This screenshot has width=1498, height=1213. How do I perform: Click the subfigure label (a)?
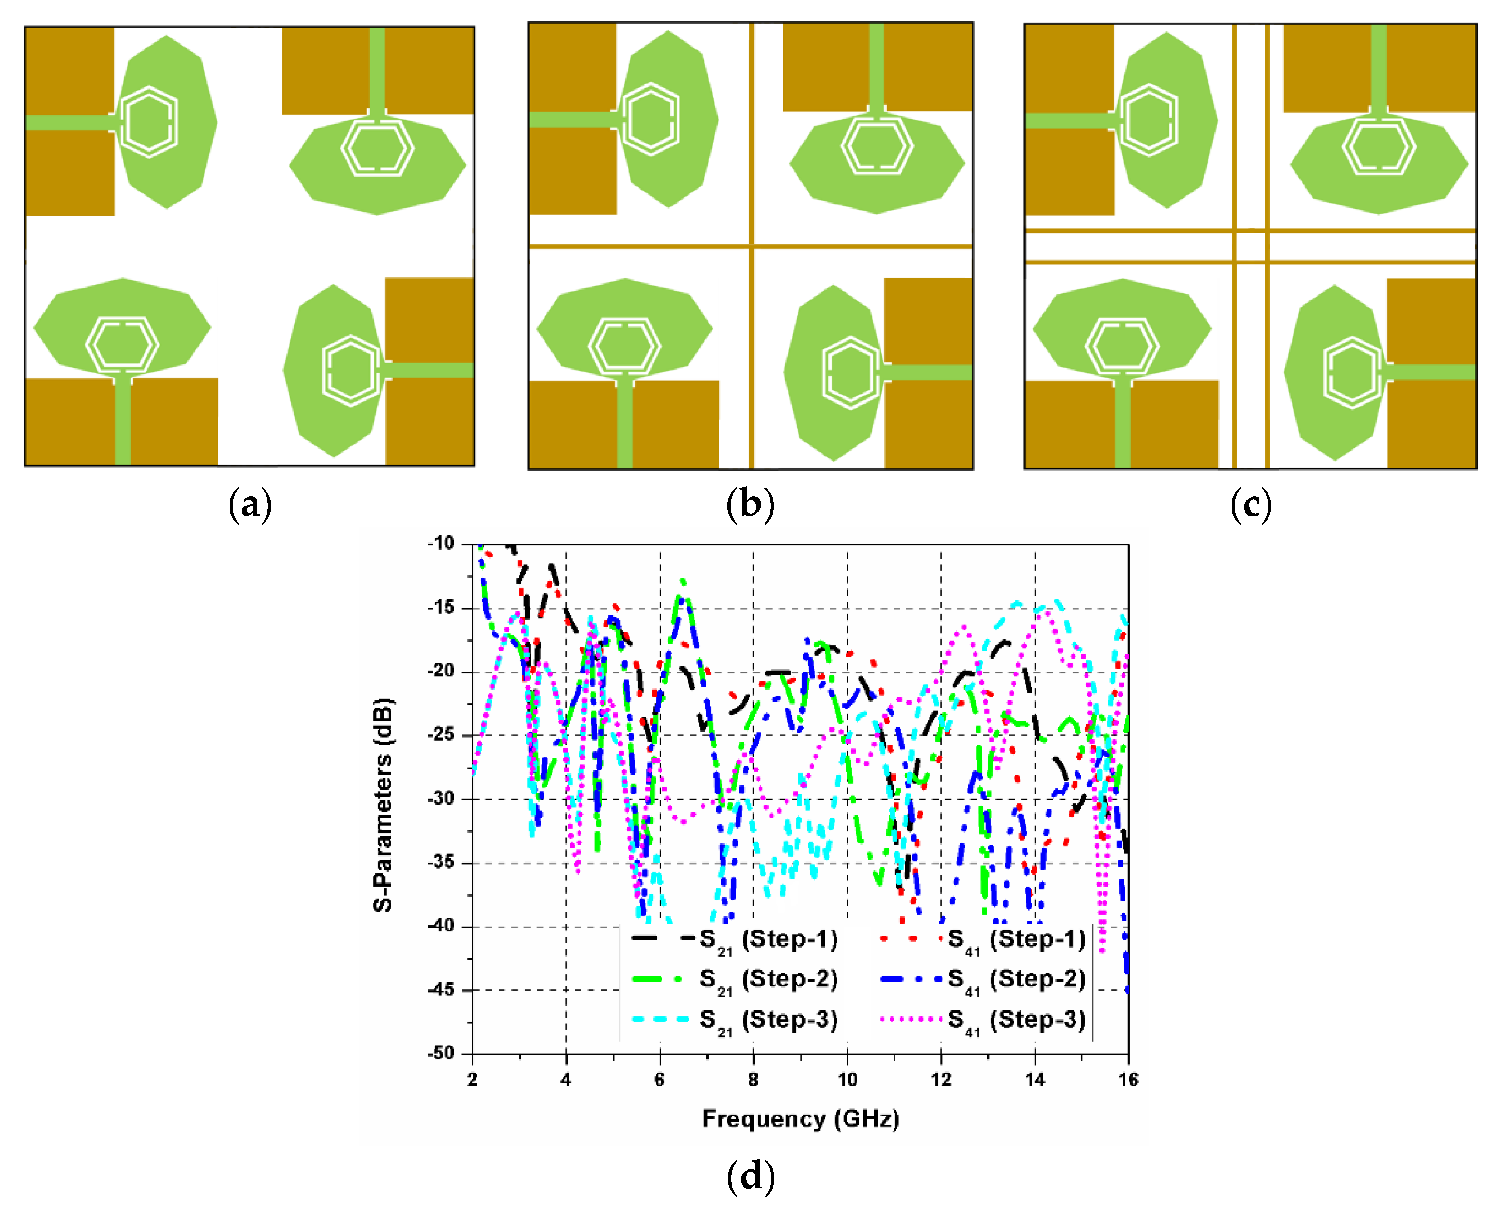[250, 504]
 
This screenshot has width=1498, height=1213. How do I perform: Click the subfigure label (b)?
[750, 504]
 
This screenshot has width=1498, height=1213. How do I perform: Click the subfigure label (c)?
[1251, 504]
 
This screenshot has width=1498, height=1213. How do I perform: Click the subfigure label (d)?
[750, 1176]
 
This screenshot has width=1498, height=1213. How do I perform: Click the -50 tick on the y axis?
[441, 1053]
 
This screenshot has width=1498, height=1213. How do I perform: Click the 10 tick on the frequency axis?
[847, 1080]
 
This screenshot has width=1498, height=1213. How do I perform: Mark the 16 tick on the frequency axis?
[1127, 1080]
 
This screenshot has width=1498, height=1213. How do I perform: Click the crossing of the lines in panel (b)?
[751, 246]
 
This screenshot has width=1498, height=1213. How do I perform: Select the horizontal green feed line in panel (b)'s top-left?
[570, 120]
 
